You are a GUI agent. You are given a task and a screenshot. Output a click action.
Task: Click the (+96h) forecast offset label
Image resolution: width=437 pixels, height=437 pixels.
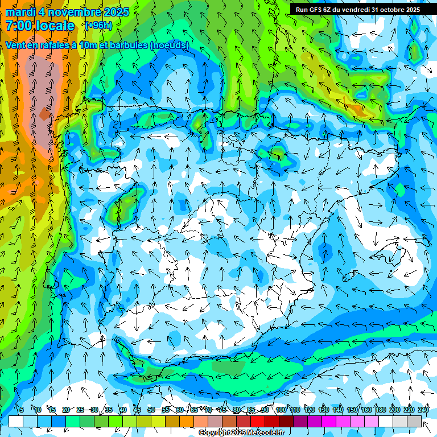(x=98, y=26)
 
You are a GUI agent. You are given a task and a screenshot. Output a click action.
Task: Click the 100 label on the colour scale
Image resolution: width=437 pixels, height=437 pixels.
(x=281, y=410)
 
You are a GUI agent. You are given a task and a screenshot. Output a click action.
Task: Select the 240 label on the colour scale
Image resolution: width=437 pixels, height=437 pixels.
(x=423, y=410)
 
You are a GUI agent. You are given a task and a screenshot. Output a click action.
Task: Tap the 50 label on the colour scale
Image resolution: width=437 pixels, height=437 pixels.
(x=151, y=410)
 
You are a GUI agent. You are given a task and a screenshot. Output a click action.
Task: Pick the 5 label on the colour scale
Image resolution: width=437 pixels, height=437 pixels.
(x=22, y=410)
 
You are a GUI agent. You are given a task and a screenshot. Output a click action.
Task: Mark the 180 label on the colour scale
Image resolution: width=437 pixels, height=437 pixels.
(x=381, y=410)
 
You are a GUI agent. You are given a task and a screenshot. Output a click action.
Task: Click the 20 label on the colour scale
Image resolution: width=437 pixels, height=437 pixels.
(x=66, y=410)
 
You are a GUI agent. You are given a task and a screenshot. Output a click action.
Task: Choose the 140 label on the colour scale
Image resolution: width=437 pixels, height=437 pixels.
(x=338, y=410)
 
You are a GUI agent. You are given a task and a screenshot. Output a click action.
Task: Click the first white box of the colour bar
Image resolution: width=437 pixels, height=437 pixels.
(x=16, y=421)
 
